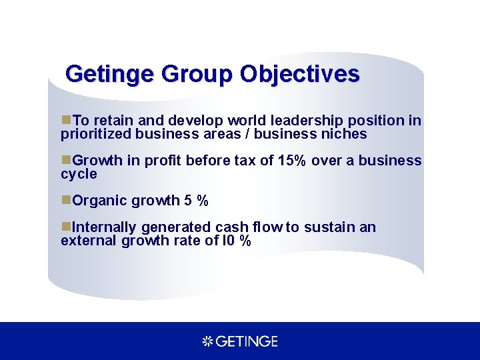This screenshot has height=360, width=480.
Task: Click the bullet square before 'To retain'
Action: pyautogui.click(x=65, y=121)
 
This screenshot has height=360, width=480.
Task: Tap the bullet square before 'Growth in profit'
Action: pyautogui.click(x=65, y=161)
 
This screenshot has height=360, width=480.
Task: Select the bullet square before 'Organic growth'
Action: pyautogui.click(x=65, y=201)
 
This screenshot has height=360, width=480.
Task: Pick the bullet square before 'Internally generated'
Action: pyautogui.click(x=65, y=227)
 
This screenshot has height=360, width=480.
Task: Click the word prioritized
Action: pyautogui.click(x=96, y=134)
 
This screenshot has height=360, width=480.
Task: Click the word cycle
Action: pyautogui.click(x=79, y=174)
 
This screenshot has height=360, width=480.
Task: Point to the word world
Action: pyautogui.click(x=247, y=121)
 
